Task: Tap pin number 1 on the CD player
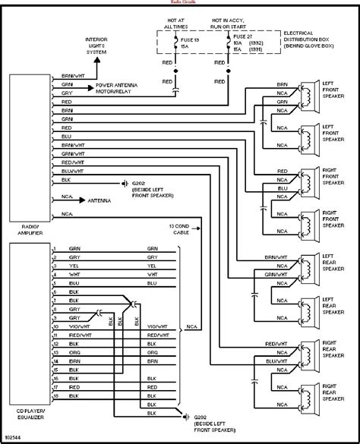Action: click(55, 247)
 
